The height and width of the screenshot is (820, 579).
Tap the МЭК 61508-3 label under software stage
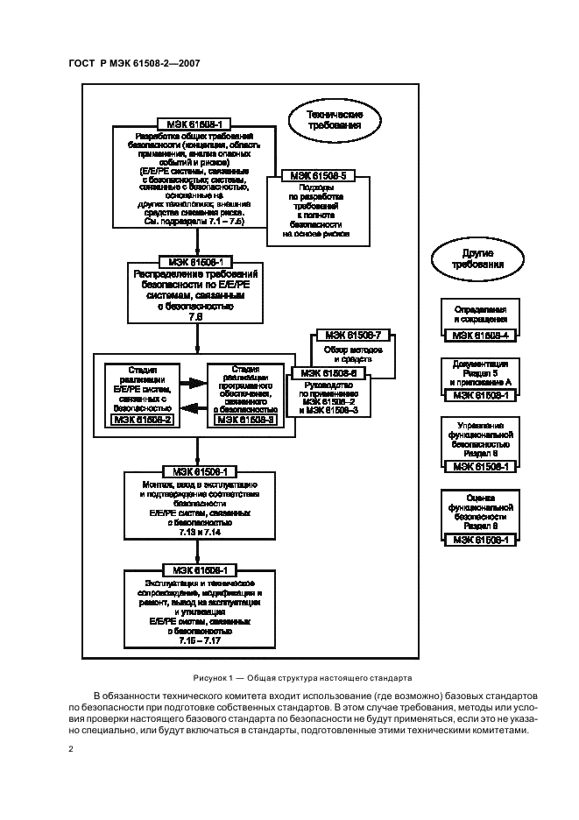(245, 421)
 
